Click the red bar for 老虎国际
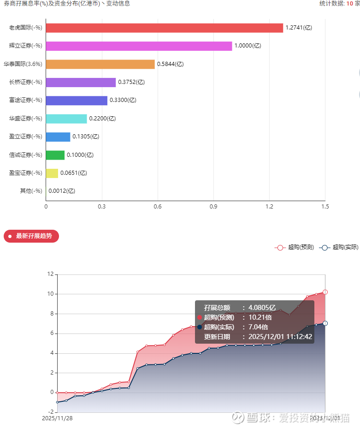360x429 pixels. click(x=164, y=28)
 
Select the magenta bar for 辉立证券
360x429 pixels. click(x=139, y=46)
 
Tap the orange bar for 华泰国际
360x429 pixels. click(x=100, y=64)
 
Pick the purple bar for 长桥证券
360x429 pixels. click(x=81, y=82)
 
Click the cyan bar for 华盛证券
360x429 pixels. click(x=66, y=119)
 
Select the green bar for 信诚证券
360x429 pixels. click(x=55, y=155)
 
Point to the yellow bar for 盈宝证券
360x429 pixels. click(x=52, y=173)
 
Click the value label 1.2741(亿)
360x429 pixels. click(x=299, y=28)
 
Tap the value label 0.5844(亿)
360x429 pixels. click(x=170, y=64)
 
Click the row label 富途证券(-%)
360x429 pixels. click(x=26, y=100)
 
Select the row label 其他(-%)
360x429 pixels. click(x=31, y=191)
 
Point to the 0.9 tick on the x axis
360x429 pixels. click(x=213, y=207)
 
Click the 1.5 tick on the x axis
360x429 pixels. click(x=325, y=207)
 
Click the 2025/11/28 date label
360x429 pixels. click(x=57, y=418)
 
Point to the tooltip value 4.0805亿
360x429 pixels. click(x=262, y=308)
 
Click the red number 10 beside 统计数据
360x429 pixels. click(x=350, y=3)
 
